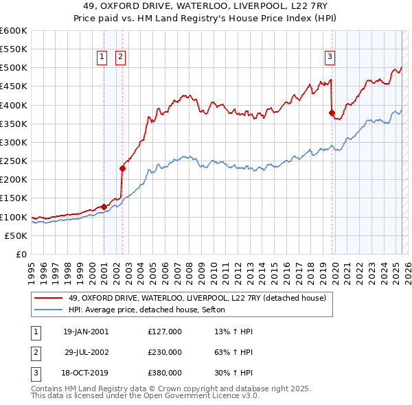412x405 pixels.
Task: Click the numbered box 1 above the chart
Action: pos(102,57)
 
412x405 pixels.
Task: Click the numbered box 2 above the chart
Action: pos(120,57)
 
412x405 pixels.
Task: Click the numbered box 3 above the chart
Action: pos(330,57)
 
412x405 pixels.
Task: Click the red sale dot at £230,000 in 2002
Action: pos(123,168)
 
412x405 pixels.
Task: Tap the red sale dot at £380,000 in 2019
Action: pos(332,113)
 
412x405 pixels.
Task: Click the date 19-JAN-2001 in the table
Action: pos(86,331)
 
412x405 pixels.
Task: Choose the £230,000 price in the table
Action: pos(164,351)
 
